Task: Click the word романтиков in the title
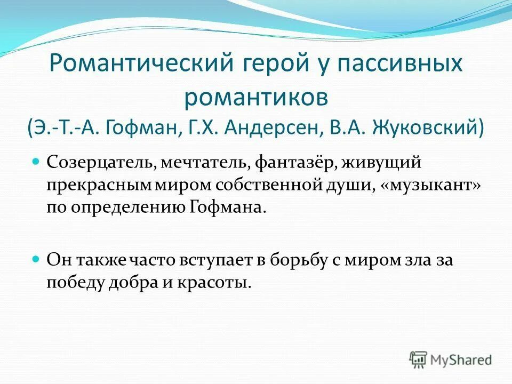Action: (255, 97)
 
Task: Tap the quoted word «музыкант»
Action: (426, 185)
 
